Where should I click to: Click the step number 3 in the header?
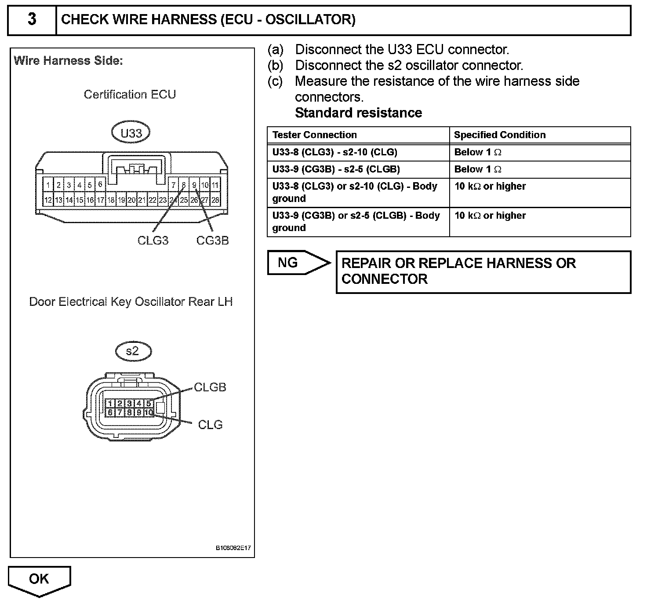pyautogui.click(x=32, y=20)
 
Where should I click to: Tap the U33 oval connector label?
pyautogui.click(x=131, y=133)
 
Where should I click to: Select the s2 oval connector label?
pyautogui.click(x=133, y=351)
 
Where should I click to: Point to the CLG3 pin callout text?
pyautogui.click(x=153, y=240)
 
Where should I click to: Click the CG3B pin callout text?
pyautogui.click(x=213, y=240)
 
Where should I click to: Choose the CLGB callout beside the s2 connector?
pyautogui.click(x=210, y=387)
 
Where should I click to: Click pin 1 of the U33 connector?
pyautogui.click(x=48, y=185)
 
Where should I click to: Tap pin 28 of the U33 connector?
pyautogui.click(x=215, y=200)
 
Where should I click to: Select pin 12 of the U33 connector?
pyautogui.click(x=48, y=200)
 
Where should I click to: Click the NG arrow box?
pyautogui.click(x=297, y=263)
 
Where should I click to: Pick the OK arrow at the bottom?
pyautogui.click(x=39, y=580)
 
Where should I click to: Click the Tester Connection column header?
pyautogui.click(x=314, y=135)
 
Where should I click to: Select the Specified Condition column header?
pyautogui.click(x=500, y=135)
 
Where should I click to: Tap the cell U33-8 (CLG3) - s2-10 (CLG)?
pyautogui.click(x=334, y=152)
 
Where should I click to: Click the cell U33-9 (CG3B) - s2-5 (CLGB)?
pyautogui.click(x=336, y=169)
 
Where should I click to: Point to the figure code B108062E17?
pyautogui.click(x=233, y=548)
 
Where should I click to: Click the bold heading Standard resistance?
pyautogui.click(x=358, y=113)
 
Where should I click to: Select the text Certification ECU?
pyautogui.click(x=130, y=95)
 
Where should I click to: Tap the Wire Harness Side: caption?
pyautogui.click(x=68, y=61)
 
